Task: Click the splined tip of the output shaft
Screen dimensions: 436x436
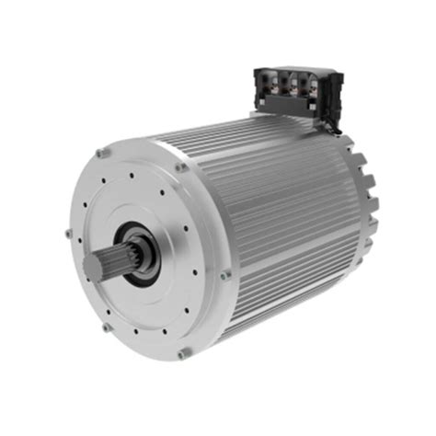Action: [104, 265]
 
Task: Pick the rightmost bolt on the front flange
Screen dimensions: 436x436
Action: [225, 273]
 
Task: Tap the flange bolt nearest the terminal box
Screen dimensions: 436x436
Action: [181, 167]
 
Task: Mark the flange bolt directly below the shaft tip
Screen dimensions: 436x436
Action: [107, 327]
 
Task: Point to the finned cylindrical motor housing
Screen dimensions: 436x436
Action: [276, 221]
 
